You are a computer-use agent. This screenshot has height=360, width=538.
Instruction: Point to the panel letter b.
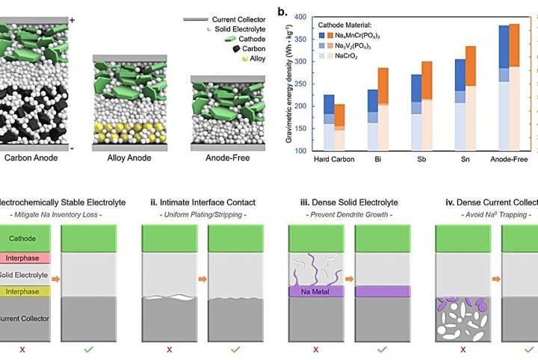click(281, 13)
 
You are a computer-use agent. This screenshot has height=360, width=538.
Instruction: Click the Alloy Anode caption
click(123, 158)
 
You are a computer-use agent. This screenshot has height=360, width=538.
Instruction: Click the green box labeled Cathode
click(27, 238)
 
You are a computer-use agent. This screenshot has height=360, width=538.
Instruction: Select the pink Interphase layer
click(27, 258)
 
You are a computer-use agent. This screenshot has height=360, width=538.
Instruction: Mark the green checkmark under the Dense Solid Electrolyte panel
click(382, 349)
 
